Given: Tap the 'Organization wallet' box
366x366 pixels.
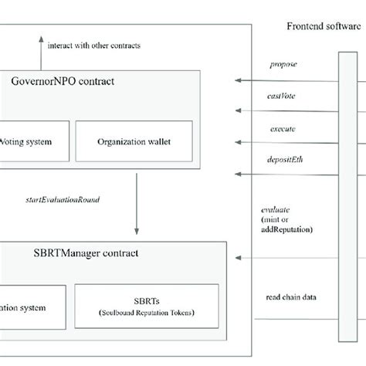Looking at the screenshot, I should pos(134,142).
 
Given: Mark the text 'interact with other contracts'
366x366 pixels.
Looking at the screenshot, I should pos(93,45).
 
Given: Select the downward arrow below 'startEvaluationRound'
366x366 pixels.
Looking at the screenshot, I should pos(137,205).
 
